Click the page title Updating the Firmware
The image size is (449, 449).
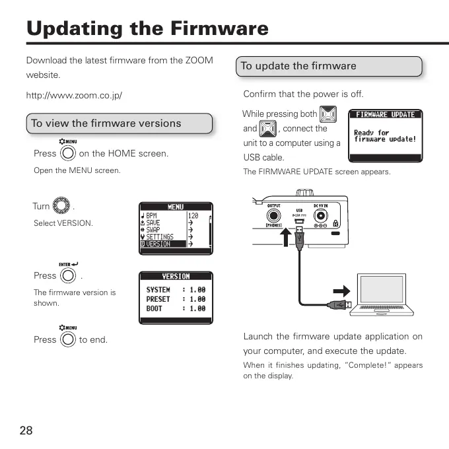point(147,28)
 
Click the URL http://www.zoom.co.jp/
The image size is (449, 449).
point(74,95)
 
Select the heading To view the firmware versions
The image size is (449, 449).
point(106,123)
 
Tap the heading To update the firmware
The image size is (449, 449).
point(298,66)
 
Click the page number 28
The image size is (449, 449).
point(26,431)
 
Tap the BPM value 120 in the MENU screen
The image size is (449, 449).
point(193,216)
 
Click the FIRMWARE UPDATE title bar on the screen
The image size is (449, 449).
point(385,114)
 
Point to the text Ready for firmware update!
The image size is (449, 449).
point(385,136)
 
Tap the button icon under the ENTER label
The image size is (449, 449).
point(68,275)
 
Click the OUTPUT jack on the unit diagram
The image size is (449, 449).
point(274,215)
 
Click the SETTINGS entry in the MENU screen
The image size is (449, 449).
point(159,237)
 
